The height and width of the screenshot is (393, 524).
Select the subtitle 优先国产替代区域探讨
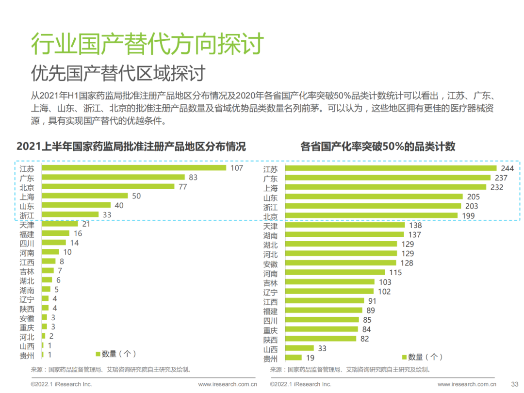118,73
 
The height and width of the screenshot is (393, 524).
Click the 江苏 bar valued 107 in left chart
134,168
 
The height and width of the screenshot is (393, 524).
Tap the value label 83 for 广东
193,178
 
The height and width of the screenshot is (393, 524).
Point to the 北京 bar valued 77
108,186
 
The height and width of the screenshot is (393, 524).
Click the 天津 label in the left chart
27,224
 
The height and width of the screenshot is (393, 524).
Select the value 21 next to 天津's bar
86,224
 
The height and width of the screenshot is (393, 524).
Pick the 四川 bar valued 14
54,242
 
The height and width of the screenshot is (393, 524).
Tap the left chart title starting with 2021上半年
131,147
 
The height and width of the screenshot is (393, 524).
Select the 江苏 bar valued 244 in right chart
391,168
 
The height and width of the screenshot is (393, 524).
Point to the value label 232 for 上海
497,187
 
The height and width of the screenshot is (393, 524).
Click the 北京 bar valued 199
373,215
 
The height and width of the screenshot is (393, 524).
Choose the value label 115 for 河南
395,273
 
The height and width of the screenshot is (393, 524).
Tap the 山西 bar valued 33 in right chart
299,348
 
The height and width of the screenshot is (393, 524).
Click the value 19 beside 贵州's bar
311,358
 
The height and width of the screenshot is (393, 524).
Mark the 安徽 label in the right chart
270,264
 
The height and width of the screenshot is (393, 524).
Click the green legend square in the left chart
98,354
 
